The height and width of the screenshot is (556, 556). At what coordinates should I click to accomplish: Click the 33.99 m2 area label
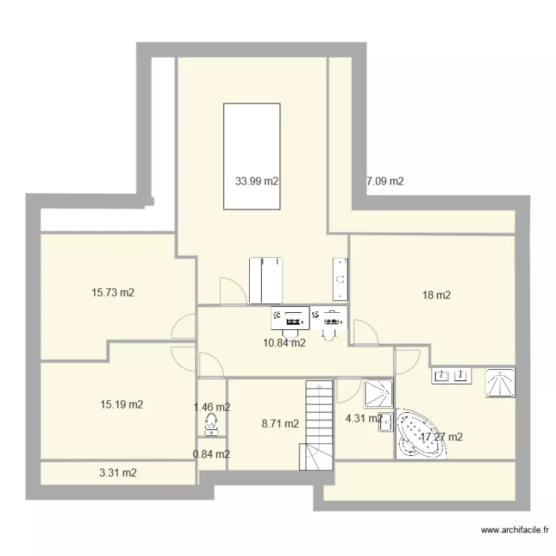click(257, 180)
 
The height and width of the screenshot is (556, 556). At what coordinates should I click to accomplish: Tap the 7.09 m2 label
click(385, 180)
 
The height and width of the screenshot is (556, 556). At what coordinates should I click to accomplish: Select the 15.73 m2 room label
click(113, 293)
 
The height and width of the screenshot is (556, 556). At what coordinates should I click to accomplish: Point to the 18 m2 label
click(436, 295)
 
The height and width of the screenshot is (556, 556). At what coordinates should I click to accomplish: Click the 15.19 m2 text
click(122, 405)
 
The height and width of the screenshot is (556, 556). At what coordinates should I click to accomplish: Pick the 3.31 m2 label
click(118, 472)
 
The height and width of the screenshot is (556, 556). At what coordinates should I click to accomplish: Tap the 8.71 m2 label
click(280, 424)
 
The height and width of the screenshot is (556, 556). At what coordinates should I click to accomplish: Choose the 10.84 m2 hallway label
click(284, 342)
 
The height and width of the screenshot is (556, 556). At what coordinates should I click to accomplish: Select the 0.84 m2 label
click(211, 454)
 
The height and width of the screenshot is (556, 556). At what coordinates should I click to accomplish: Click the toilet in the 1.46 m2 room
click(211, 424)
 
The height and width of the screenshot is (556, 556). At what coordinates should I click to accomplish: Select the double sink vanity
click(451, 375)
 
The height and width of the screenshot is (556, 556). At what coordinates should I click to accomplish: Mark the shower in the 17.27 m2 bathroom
click(500, 383)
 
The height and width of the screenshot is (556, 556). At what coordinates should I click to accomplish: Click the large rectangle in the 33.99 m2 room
click(252, 156)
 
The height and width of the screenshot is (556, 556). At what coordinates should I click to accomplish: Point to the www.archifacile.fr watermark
click(514, 530)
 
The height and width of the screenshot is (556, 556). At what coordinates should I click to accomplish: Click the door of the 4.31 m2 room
click(347, 390)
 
